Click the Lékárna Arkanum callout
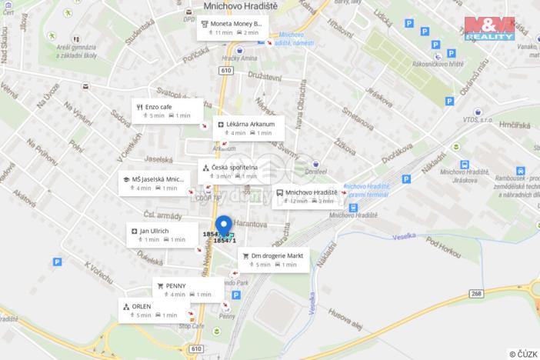(x=248, y=128)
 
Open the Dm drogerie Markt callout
(x=274, y=260)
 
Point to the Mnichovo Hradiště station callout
(x=306, y=196)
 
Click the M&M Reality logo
(x=491, y=27)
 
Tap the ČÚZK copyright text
(x=523, y=353)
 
